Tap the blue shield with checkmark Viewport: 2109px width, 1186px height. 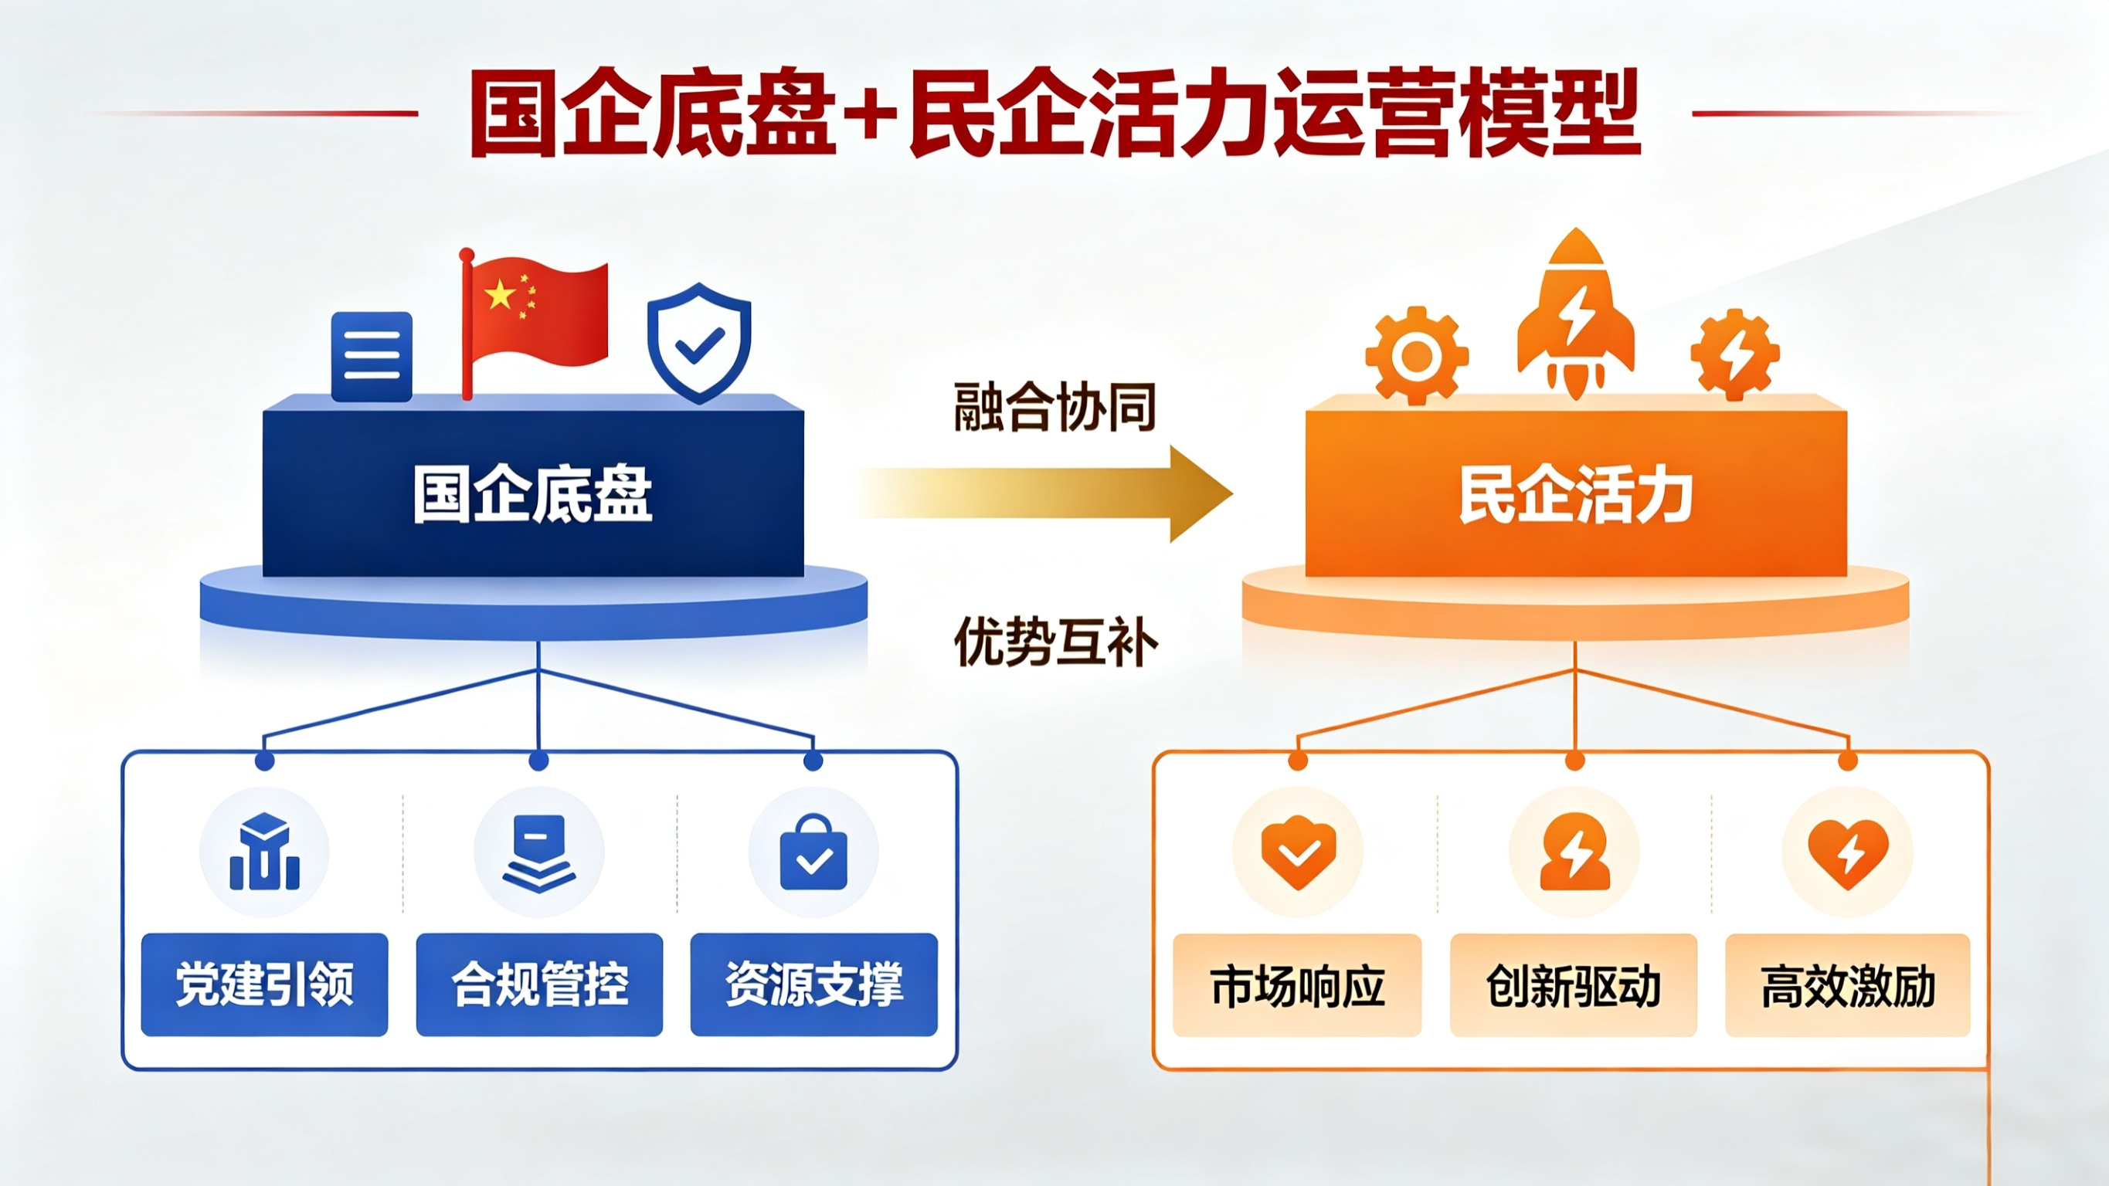click(698, 343)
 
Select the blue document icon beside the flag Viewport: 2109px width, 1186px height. click(372, 356)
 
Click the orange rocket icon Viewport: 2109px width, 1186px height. click(1575, 315)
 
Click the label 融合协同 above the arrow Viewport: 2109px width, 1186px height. click(1054, 407)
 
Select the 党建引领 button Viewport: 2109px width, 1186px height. click(264, 984)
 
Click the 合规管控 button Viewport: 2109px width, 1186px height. click(539, 984)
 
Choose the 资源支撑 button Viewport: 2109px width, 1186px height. click(813, 984)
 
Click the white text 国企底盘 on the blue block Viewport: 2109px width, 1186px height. click(533, 494)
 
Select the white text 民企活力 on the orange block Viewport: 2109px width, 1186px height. click(1576, 494)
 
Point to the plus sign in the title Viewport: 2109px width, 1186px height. click(873, 114)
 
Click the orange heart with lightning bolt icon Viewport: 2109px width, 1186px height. click(1848, 853)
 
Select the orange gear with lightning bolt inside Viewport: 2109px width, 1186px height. click(1734, 354)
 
